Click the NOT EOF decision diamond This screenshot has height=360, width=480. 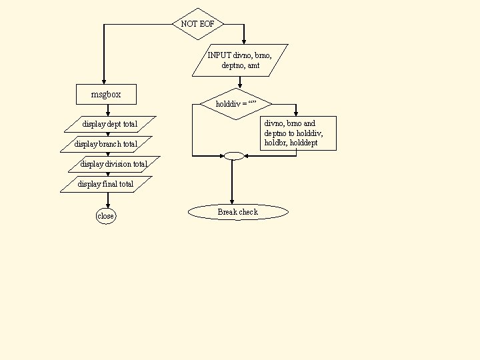pyautogui.click(x=198, y=24)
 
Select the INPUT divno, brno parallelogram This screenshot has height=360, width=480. pyautogui.click(x=240, y=60)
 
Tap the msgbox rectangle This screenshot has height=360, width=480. pyautogui.click(x=106, y=95)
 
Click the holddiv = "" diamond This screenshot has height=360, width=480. pyautogui.click(x=235, y=104)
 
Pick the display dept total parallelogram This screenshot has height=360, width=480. pyautogui.click(x=110, y=124)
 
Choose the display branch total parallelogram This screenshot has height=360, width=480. pyautogui.click(x=106, y=144)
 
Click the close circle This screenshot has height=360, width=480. pyautogui.click(x=106, y=216)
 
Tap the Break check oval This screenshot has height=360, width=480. pyautogui.click(x=238, y=212)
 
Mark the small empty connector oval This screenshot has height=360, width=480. pyautogui.click(x=234, y=156)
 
